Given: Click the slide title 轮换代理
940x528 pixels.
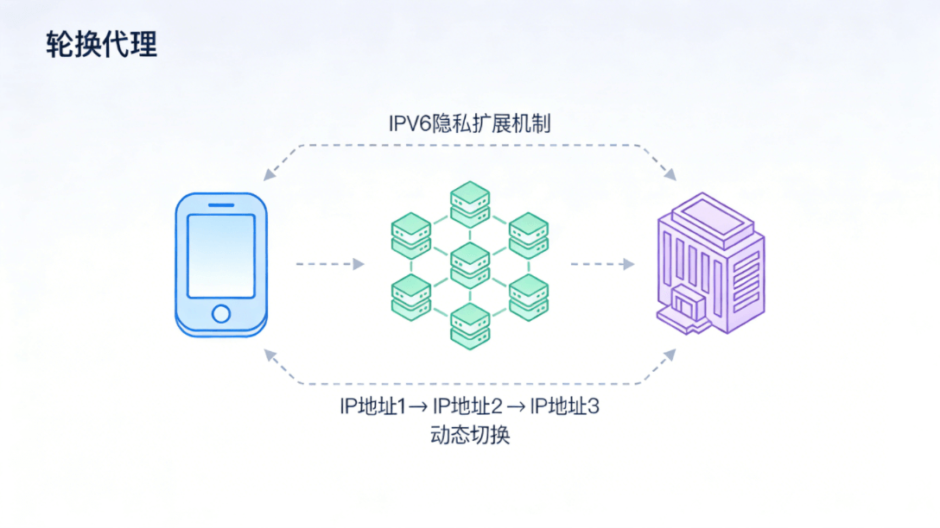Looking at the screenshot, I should click(101, 45).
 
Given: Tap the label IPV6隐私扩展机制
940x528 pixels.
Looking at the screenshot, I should click(469, 124).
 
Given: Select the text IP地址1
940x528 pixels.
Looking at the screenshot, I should click(372, 406).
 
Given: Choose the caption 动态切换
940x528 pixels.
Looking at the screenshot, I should click(469, 434).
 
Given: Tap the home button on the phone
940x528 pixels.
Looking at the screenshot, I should click(221, 313).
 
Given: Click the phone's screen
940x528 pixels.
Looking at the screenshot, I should click(221, 255).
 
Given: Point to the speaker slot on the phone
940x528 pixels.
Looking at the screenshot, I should click(221, 204).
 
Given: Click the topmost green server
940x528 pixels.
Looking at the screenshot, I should click(470, 204).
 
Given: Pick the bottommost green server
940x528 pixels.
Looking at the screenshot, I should click(470, 325).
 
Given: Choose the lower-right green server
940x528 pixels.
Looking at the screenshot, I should click(529, 296).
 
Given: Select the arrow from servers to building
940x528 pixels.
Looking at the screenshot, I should click(602, 264).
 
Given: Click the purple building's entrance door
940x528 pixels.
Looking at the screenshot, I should click(688, 305).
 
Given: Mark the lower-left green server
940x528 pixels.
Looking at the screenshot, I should click(411, 296).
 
